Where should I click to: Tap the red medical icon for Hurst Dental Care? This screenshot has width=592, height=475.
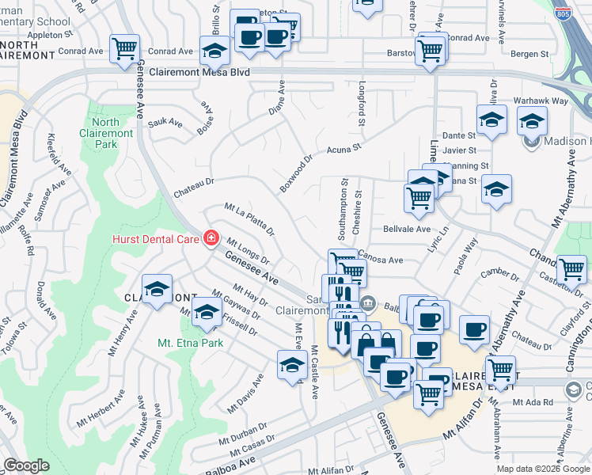[x=211, y=237]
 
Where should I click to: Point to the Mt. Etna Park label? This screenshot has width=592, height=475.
[x=190, y=343]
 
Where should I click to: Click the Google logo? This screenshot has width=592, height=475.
[x=26, y=465]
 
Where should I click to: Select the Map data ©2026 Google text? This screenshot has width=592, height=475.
[x=543, y=469]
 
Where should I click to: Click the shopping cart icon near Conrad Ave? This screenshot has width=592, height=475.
[x=125, y=49]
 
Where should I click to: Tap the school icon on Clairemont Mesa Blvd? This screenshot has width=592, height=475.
[x=214, y=52]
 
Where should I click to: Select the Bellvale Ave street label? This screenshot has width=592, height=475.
[x=406, y=229]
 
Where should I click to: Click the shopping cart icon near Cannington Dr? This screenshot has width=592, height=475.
[x=571, y=269]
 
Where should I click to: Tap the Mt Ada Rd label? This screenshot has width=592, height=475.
[x=529, y=402]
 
